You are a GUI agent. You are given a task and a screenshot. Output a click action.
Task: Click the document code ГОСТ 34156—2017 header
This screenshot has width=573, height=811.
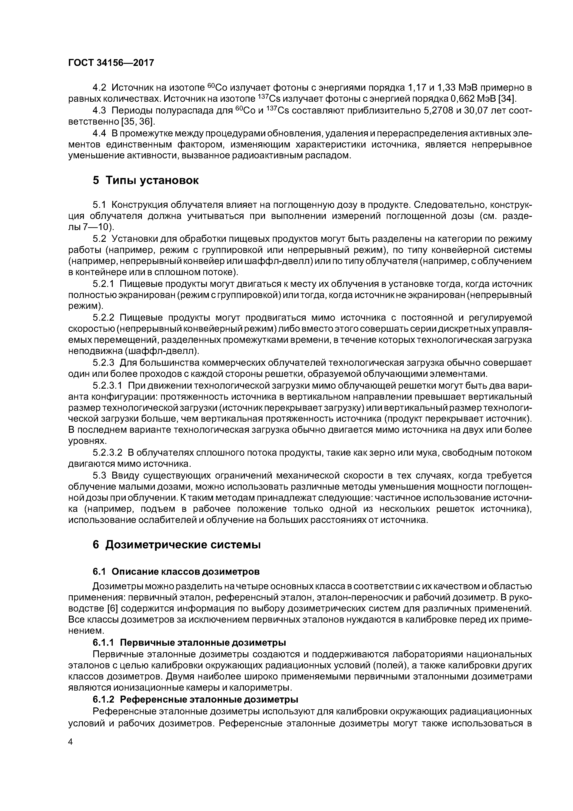pyautogui.click(x=111, y=63)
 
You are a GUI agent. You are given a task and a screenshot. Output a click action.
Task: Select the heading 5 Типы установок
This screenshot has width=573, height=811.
pyautogui.click(x=146, y=181)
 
